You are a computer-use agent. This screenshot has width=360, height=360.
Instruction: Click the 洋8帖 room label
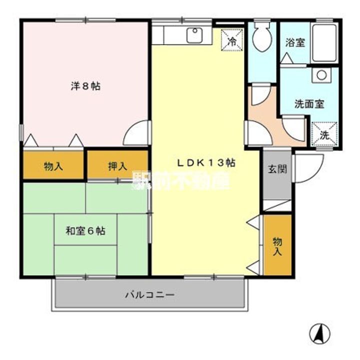coord(85,86)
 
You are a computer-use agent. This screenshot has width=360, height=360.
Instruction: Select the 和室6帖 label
coord(85,231)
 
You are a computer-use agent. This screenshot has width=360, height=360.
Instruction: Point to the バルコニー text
coord(149,294)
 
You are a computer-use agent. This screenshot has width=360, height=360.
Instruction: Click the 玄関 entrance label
coord(277,169)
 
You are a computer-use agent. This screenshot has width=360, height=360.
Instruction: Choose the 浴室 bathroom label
coord(295,43)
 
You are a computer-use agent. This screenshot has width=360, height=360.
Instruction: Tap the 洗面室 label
coord(309,104)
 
